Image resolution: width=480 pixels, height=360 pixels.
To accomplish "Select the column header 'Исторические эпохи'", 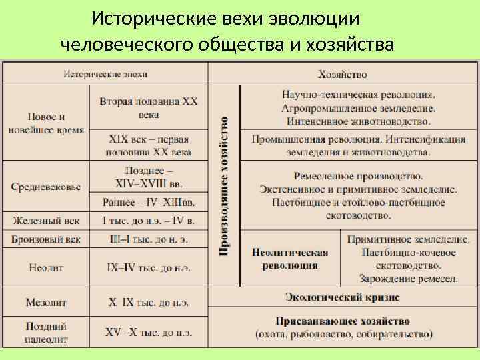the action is pyautogui.click(x=105, y=73).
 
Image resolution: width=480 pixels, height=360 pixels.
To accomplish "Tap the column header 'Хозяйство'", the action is pyautogui.click(x=343, y=73).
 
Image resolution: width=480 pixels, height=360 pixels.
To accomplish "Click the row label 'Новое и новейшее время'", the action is pyautogui.click(x=46, y=123).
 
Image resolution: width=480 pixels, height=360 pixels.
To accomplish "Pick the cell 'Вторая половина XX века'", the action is pyautogui.click(x=149, y=107).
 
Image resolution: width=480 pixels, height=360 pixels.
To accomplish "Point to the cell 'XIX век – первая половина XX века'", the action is pyautogui.click(x=149, y=145).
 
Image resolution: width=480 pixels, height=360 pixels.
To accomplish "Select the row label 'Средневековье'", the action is pyautogui.click(x=46, y=187).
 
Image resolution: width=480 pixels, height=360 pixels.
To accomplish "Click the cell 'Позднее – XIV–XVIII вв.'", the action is pyautogui.click(x=149, y=177).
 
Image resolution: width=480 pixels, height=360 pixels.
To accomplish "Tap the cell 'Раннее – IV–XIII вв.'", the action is pyautogui.click(x=149, y=202).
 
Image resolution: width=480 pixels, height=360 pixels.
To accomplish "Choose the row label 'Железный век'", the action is pyautogui.click(x=46, y=220).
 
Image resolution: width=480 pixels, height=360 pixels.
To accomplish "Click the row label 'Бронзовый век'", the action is pyautogui.click(x=46, y=238).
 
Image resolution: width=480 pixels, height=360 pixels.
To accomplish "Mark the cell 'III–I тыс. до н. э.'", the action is pyautogui.click(x=149, y=238).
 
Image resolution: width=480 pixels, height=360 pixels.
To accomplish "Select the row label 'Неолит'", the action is pyautogui.click(x=46, y=267).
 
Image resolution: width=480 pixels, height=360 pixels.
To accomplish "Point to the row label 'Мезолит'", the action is pyautogui.click(x=46, y=302).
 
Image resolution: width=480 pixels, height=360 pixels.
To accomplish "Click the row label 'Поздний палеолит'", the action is pyautogui.click(x=46, y=331).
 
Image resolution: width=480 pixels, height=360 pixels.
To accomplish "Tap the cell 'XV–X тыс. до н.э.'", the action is pyautogui.click(x=149, y=331).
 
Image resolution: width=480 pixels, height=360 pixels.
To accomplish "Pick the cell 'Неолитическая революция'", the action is pyautogui.click(x=290, y=259).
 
